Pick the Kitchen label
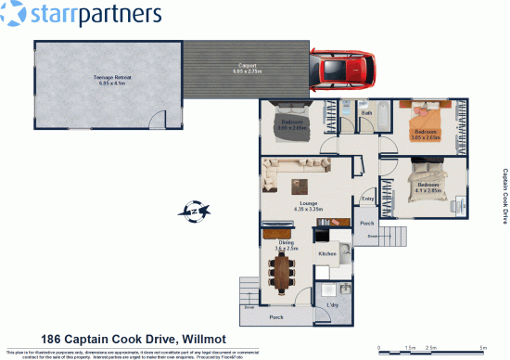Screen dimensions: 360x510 [x=327, y=253]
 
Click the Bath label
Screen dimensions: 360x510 [x=366, y=113]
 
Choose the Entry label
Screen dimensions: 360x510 [x=367, y=199]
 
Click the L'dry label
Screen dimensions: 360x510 [x=331, y=305]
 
